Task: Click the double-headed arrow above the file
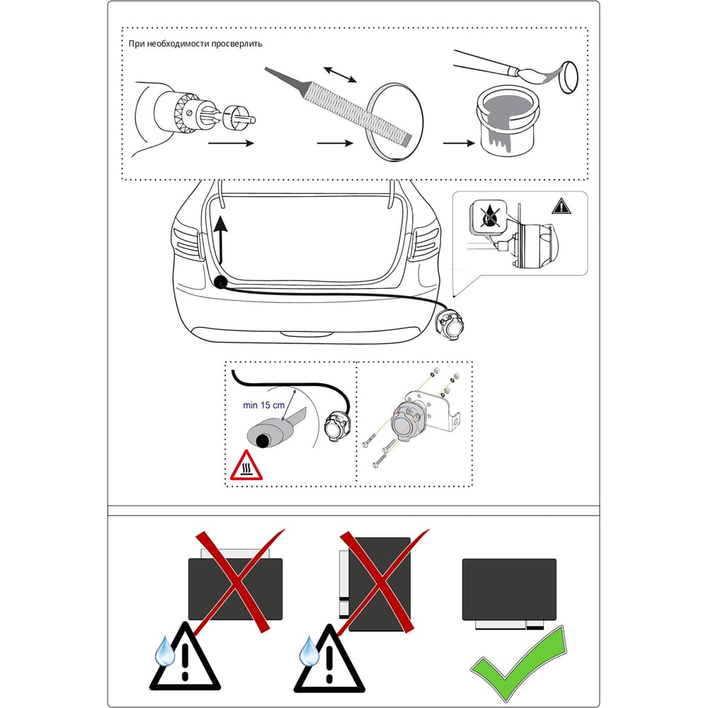340,74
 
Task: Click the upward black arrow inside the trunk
220,239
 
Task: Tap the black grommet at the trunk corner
220,282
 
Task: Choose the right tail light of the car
423,243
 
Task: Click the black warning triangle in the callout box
561,206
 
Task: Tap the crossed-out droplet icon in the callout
488,216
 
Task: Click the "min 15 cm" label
263,406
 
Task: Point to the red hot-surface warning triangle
246,465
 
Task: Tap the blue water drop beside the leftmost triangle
165,651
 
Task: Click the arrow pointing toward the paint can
459,143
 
